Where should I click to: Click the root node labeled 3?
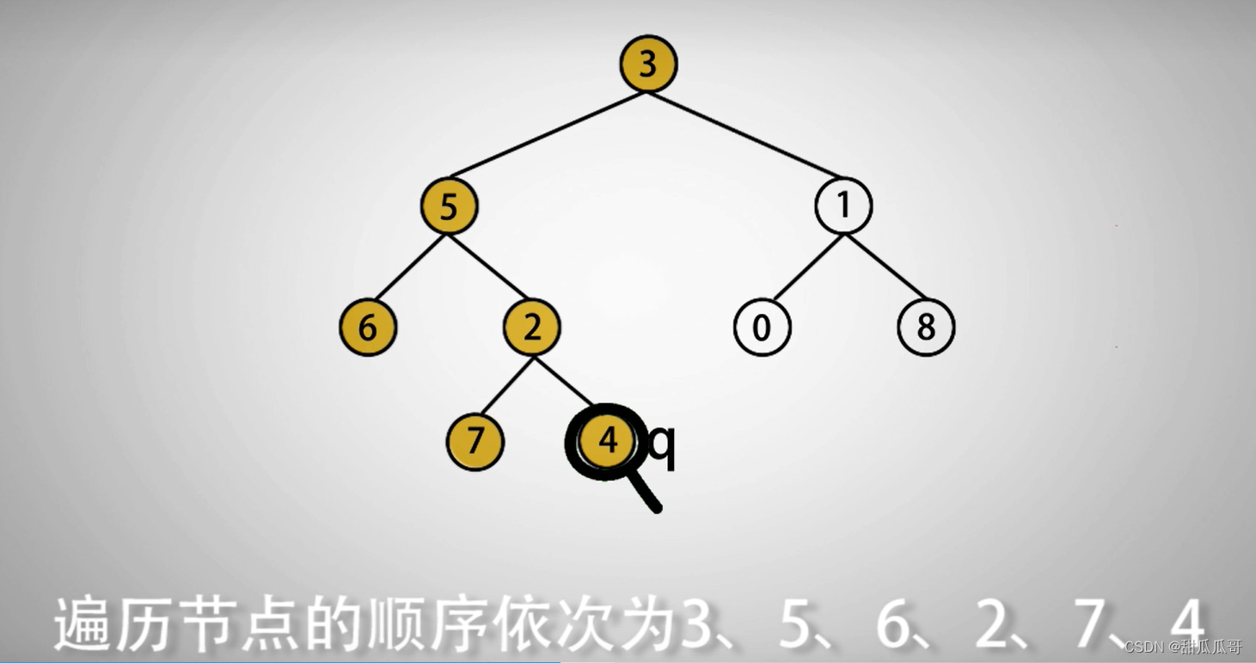(x=649, y=65)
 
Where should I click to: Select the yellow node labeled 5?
(x=449, y=207)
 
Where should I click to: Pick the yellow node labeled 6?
(x=368, y=328)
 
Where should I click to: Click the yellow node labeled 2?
(x=531, y=328)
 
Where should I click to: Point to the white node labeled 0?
(x=762, y=328)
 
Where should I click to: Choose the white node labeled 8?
(x=926, y=328)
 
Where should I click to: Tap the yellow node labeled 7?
(x=475, y=442)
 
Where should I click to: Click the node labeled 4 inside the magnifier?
(x=608, y=441)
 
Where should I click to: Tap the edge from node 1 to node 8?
(x=885, y=267)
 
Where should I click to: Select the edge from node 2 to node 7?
(x=503, y=385)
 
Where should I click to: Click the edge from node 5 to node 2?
(x=490, y=267)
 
